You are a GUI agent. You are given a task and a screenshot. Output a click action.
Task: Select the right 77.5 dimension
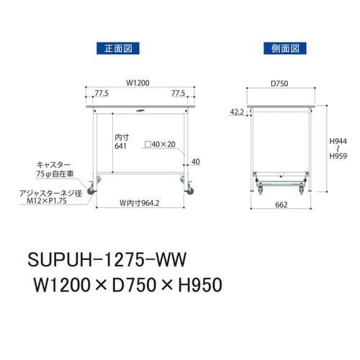coord(179,93)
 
